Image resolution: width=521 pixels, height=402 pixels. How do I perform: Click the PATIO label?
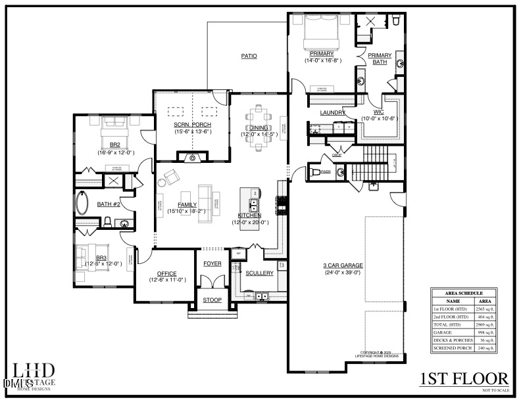coord(248,56)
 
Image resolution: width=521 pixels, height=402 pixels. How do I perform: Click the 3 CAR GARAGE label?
coord(343,265)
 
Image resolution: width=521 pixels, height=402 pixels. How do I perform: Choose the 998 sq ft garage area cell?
coord(484,333)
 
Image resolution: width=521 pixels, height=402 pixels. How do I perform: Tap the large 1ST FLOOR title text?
coord(464,379)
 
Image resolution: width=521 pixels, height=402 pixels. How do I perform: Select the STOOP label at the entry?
coord(211,300)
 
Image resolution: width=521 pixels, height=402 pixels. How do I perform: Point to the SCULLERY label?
coord(259,273)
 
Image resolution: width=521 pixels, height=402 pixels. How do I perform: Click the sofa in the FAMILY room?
coord(205,195)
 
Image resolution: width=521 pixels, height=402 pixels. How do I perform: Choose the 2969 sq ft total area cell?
coord(484,324)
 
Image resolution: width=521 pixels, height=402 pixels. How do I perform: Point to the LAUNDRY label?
coord(333,112)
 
